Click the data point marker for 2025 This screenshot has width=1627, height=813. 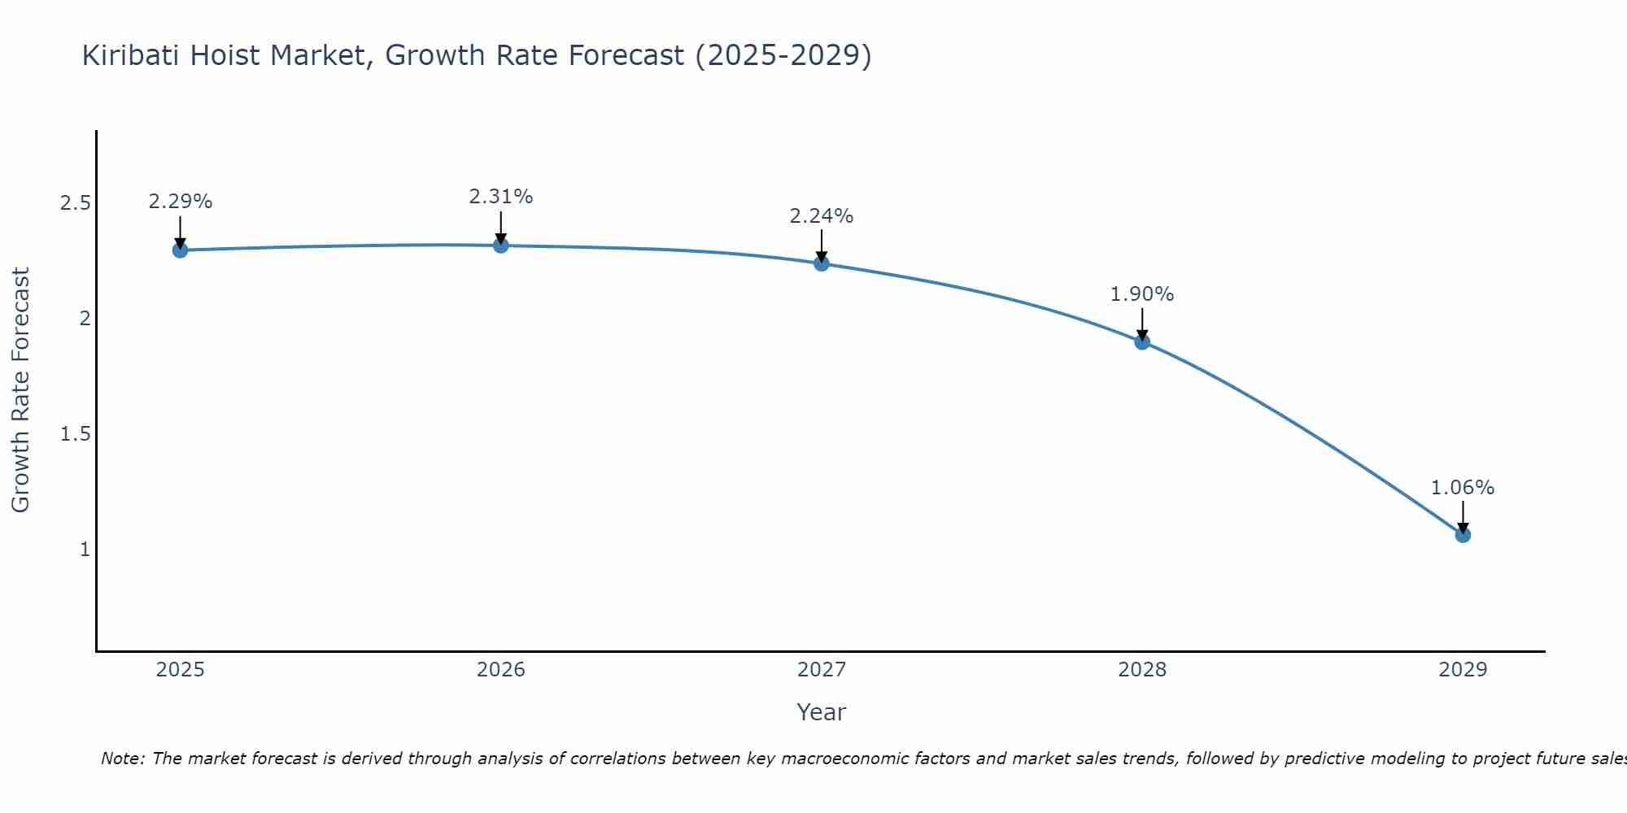point(181,250)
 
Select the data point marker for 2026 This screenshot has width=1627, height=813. point(501,245)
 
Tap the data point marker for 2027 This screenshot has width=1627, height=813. point(822,263)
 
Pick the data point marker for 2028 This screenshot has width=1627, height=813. point(1142,341)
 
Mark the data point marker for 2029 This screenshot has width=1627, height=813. point(1463,535)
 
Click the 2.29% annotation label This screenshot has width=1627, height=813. point(181,202)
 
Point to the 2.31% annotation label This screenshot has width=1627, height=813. point(501,197)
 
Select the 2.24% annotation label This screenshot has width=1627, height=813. point(822,216)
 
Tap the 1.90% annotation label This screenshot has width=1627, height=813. point(1142,294)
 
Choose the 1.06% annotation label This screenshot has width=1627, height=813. point(1463,488)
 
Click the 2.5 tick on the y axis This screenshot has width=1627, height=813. point(75,203)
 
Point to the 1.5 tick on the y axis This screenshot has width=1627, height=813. point(75,434)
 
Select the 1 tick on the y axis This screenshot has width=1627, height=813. point(85,550)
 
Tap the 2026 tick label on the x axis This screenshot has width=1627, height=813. point(501,670)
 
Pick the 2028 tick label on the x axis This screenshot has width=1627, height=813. point(1142,670)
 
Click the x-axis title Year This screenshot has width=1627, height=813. point(822,712)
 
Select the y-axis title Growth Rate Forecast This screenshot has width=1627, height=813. point(20,390)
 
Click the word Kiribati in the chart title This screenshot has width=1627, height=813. point(131,55)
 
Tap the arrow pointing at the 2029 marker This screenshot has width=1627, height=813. point(1463,515)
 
